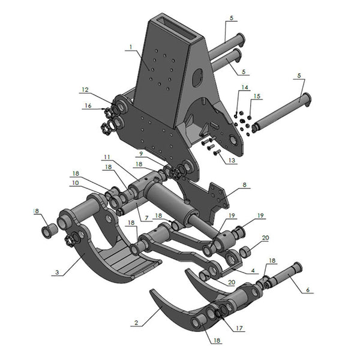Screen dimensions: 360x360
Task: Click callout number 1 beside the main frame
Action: (x=129, y=47)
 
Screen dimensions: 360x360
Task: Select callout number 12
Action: (x=85, y=91)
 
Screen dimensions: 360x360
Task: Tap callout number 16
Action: (x=88, y=106)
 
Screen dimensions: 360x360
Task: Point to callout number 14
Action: (x=244, y=88)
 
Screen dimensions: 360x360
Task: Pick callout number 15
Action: (x=257, y=96)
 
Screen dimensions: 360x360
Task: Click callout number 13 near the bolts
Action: (x=232, y=160)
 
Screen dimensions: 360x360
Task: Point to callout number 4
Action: (x=253, y=271)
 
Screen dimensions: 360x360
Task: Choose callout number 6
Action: (x=308, y=290)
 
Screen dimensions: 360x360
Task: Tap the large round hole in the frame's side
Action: (x=197, y=78)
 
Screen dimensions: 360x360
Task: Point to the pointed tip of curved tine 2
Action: (x=152, y=292)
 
